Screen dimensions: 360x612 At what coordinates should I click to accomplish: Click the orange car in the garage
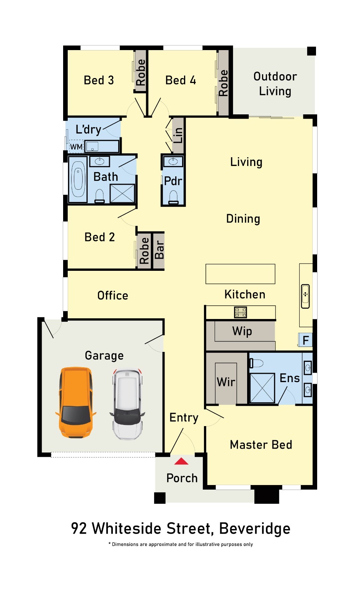click(x=76, y=402)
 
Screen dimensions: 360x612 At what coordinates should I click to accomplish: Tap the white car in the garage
click(x=127, y=404)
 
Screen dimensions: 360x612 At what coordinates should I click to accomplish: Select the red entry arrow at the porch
click(x=181, y=461)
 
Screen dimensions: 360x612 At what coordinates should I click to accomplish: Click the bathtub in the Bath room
click(x=78, y=179)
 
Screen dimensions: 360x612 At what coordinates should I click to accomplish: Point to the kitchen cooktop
click(x=241, y=312)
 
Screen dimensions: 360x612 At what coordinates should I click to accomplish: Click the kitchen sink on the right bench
click(x=305, y=296)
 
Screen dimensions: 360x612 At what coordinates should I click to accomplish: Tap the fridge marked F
click(x=305, y=340)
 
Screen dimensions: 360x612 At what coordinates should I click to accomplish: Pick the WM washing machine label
click(x=76, y=147)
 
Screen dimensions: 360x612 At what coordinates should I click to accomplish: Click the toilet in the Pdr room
click(x=173, y=197)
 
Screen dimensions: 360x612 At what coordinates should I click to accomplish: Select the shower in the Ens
click(x=262, y=388)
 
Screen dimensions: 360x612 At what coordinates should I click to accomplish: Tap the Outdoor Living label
click(x=275, y=84)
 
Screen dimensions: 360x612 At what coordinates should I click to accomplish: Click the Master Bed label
click(x=261, y=444)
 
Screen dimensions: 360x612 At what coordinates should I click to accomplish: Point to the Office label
click(x=112, y=296)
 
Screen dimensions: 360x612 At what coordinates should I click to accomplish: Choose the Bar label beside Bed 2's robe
click(x=160, y=250)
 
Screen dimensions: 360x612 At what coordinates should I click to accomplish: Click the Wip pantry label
click(x=242, y=331)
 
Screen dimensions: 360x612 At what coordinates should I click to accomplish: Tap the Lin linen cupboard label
click(x=178, y=135)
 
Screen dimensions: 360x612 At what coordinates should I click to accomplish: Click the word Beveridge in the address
click(x=254, y=528)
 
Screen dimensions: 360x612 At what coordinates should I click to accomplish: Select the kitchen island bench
click(x=240, y=274)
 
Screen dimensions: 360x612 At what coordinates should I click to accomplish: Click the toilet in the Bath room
click(x=99, y=197)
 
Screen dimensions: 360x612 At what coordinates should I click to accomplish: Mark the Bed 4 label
click(x=181, y=80)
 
